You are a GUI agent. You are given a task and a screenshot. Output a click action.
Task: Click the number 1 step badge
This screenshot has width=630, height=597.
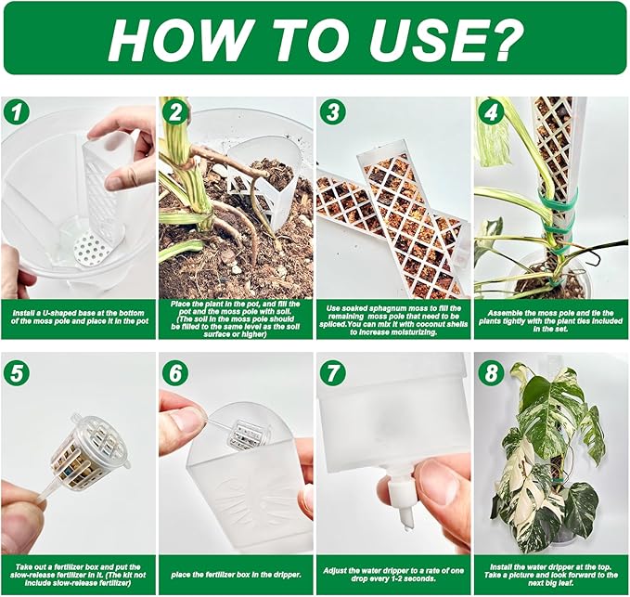(16, 111)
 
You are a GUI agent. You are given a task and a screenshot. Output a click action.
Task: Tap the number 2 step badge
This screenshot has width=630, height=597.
(174, 111)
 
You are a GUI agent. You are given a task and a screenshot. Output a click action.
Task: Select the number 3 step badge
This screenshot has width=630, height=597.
(332, 111)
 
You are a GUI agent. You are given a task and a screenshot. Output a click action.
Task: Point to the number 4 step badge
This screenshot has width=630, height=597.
(490, 111)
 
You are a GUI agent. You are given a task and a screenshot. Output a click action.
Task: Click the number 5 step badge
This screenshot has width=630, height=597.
(16, 373)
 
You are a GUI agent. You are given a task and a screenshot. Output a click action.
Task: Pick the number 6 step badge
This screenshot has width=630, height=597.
(174, 373)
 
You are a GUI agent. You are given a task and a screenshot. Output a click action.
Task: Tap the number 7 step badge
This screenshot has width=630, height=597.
(332, 373)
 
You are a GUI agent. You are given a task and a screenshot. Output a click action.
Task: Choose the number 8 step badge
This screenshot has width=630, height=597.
(490, 373)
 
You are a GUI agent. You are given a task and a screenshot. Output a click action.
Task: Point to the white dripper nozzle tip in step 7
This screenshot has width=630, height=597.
(406, 519)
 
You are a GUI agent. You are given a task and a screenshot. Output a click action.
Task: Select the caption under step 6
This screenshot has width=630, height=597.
(236, 575)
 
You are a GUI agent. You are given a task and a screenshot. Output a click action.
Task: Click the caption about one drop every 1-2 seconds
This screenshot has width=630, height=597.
(393, 575)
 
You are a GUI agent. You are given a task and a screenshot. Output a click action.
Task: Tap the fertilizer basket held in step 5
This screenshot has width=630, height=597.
(87, 449)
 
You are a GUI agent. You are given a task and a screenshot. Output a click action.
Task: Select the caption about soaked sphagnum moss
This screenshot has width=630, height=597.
(393, 320)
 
